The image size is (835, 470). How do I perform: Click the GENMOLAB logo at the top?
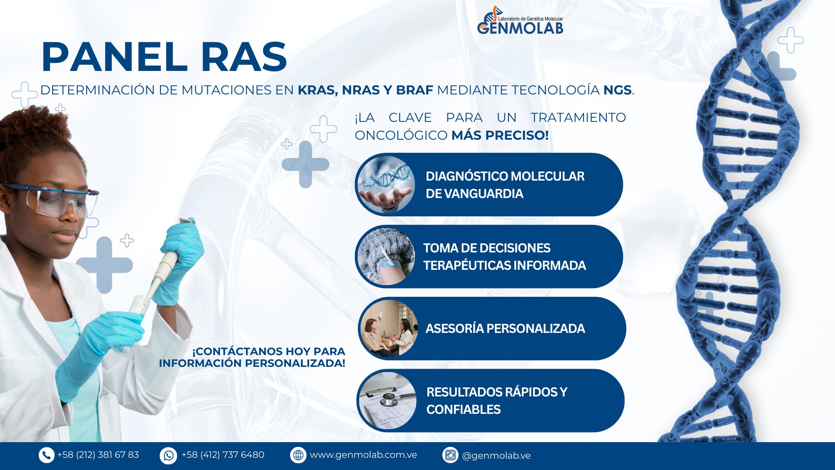[x=520, y=20]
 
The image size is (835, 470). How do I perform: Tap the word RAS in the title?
[x=244, y=57]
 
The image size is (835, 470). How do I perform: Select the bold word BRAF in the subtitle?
[x=414, y=90]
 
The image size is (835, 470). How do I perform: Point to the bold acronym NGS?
[x=617, y=90]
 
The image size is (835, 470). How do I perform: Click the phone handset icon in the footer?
[x=47, y=455]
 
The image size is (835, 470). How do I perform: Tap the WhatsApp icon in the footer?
[x=168, y=456]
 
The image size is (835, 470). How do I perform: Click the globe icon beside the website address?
[x=298, y=455]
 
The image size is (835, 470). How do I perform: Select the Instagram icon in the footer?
[x=451, y=455]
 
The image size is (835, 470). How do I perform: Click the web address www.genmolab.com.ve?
[x=363, y=455]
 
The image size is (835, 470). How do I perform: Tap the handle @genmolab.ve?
[x=496, y=456]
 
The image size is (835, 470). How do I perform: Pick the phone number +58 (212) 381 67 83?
[x=98, y=455]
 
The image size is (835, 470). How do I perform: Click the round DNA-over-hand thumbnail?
[x=386, y=185]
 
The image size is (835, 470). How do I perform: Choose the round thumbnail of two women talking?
[x=389, y=329]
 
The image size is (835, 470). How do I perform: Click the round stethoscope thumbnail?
[x=387, y=401]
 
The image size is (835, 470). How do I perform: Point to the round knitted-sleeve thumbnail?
[x=386, y=256]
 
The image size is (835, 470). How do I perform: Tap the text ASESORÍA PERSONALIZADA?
[x=505, y=329]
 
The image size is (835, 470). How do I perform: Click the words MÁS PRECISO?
[x=500, y=135]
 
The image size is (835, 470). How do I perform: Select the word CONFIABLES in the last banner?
[x=464, y=410]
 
